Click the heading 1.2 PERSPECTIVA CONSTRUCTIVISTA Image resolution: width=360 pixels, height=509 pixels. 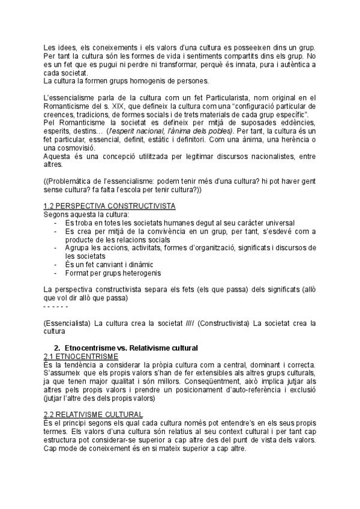pos(109,206)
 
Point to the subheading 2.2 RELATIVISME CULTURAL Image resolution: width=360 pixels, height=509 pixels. pos(93,414)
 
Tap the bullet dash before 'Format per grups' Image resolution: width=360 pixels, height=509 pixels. pos(56,273)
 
